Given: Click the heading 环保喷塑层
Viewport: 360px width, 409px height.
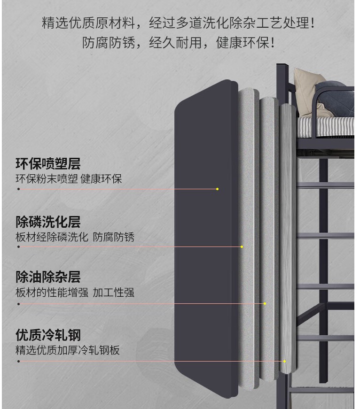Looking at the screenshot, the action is [48, 163].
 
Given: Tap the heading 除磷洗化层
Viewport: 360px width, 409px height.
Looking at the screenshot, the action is [48, 222].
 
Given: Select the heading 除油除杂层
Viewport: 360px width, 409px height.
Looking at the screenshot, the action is [48, 277].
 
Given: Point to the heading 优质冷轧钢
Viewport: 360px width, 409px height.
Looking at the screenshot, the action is [48, 335].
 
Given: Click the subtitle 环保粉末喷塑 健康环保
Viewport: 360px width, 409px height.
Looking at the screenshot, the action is [69, 179].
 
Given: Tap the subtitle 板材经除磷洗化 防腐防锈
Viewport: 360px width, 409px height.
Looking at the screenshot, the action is [75, 237].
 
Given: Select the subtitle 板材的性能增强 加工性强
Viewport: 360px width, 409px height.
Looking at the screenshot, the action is [75, 293].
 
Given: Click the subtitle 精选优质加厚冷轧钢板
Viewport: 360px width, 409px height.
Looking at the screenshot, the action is [68, 350].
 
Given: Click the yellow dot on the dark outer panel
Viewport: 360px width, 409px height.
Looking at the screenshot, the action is [217, 189].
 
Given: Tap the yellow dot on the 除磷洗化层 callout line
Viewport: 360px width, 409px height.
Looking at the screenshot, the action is [242, 247].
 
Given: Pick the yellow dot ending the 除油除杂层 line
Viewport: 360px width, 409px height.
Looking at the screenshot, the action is [265, 304].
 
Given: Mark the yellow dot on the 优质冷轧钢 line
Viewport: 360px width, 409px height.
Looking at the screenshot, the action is [284, 361].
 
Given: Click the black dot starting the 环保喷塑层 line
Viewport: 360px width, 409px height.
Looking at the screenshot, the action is [18, 189].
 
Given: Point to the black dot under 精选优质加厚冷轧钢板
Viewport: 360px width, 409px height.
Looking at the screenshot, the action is [18, 361].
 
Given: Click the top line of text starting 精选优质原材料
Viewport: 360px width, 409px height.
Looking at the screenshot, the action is [178, 23].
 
